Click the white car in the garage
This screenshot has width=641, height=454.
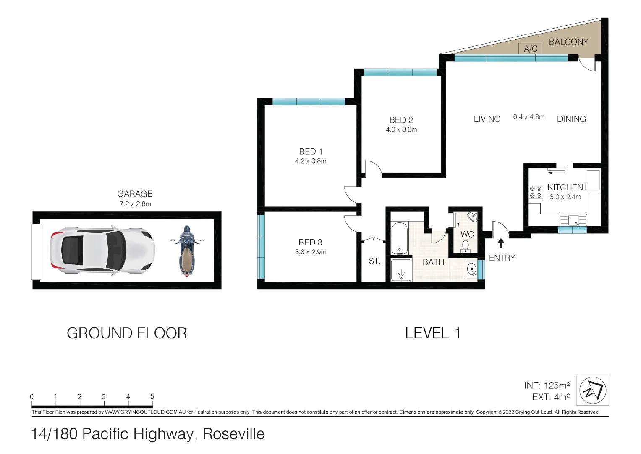point(102,251)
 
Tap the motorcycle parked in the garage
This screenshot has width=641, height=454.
point(187,251)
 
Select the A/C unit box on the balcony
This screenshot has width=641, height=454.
point(530,49)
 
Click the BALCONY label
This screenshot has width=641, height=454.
point(568,42)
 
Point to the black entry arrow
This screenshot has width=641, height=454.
point(500,243)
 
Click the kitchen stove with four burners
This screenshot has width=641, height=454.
point(536,193)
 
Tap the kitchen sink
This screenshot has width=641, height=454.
point(573,220)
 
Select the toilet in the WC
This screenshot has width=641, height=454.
point(466,246)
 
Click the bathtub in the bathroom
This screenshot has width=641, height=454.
point(399,238)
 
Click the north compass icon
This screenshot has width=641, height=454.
point(593,391)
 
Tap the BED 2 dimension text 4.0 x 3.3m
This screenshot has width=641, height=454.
point(401,130)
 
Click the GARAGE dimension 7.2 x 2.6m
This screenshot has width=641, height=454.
point(135,204)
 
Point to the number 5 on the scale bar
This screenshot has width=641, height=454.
point(152,396)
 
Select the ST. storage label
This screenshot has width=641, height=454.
point(374,261)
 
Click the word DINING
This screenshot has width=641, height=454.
point(571,119)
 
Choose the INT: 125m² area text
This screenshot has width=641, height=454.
point(547,385)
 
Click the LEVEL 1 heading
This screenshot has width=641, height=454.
point(433,333)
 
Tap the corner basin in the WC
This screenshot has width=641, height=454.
point(472,217)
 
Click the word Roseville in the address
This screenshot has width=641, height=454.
point(233,434)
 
